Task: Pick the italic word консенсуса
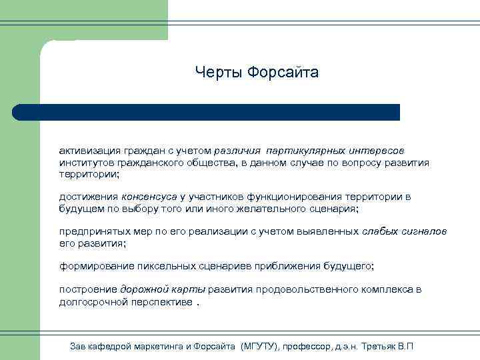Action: pos(149,197)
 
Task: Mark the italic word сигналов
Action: pos(425,231)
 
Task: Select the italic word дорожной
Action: pos(142,289)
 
